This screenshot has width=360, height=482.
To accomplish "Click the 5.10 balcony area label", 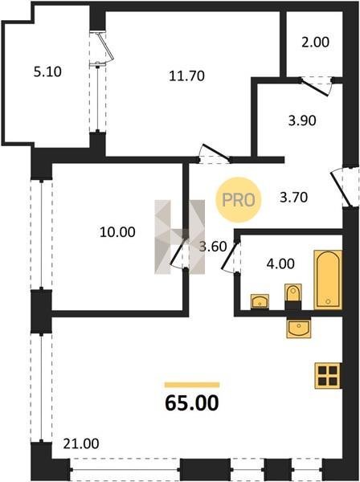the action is tap(47, 72).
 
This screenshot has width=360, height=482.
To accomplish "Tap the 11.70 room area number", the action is tap(186, 76).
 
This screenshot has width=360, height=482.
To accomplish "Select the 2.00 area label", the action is tap(316, 42).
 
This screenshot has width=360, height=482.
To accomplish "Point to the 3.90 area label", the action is tap(302, 120).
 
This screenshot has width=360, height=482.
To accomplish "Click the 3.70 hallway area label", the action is tap(293, 197).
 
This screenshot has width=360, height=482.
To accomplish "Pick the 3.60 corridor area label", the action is tap(213, 247).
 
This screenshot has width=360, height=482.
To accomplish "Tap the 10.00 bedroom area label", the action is tap(117, 232).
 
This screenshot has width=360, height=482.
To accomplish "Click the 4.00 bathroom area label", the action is tap(280, 263).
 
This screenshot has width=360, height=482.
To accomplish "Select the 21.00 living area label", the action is tap(81, 443).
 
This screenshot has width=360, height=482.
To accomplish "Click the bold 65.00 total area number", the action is tap(192, 403).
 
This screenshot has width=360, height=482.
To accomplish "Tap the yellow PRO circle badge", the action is tap(238, 200).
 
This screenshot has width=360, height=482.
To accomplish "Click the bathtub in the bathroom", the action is tap(328, 280).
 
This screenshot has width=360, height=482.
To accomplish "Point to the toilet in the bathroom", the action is tap(293, 293).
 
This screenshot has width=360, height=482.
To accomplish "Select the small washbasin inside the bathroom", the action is tap(260, 301).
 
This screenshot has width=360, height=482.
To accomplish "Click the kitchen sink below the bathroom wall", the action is tap(298, 329).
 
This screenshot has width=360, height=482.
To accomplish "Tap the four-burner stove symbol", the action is tap(328, 376).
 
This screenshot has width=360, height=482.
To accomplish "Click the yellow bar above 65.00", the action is tap(192, 385).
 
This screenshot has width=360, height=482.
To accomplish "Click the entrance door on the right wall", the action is tap(342, 189).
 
